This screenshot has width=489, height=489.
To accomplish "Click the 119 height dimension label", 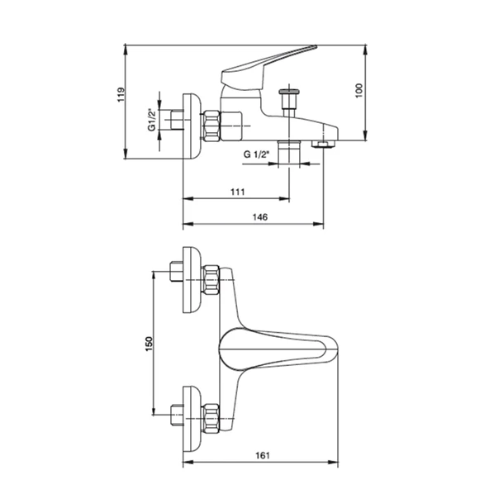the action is click(x=121, y=94).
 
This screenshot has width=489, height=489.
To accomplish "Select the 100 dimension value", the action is click(x=359, y=90).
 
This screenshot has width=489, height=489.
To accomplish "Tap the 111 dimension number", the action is click(x=238, y=192).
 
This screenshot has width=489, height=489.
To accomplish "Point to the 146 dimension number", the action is click(x=259, y=216).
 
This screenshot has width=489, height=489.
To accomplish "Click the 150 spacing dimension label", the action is click(x=150, y=344).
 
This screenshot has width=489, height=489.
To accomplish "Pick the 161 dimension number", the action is click(x=263, y=456).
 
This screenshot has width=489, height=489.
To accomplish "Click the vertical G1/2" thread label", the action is click(x=151, y=120).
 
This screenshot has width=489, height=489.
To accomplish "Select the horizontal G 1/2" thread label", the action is click(x=256, y=154).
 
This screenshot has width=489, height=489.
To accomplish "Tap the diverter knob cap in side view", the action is click(x=289, y=92).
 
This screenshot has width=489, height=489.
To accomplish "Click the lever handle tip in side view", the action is click(x=315, y=47).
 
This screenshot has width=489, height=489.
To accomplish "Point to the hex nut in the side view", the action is click(x=211, y=126).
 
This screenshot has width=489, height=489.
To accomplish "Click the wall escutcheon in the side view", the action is click(x=192, y=126).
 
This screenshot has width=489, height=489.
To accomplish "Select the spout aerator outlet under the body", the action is click(x=323, y=144).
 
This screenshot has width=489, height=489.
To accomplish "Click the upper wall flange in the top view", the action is click(x=192, y=280).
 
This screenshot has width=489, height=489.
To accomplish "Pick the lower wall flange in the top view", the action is click(x=192, y=419).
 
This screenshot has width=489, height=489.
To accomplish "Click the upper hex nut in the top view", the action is click(x=211, y=280).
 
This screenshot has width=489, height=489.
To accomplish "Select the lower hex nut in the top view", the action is click(x=211, y=419).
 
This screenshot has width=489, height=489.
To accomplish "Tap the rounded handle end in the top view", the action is click(x=332, y=349).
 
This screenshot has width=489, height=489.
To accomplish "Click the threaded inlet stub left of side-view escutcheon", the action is click(x=177, y=120).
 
